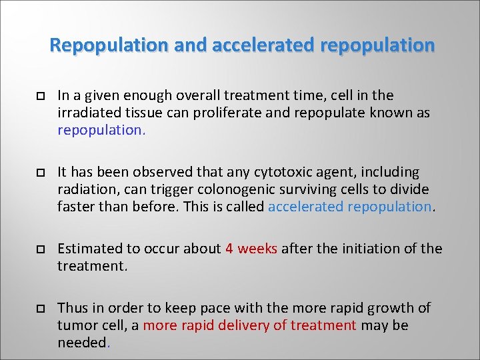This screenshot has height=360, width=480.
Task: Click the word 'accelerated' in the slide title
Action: tap(264, 45)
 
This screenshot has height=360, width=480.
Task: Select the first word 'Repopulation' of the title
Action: tap(110, 45)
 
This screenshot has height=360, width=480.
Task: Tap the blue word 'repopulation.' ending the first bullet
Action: tap(101, 130)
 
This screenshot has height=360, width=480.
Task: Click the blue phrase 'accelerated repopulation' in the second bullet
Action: tap(350, 207)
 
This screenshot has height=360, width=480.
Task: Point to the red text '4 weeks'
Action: tap(251, 249)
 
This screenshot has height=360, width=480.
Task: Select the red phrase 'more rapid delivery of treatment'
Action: tap(249, 325)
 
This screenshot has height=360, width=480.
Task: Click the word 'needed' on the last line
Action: tap(82, 343)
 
